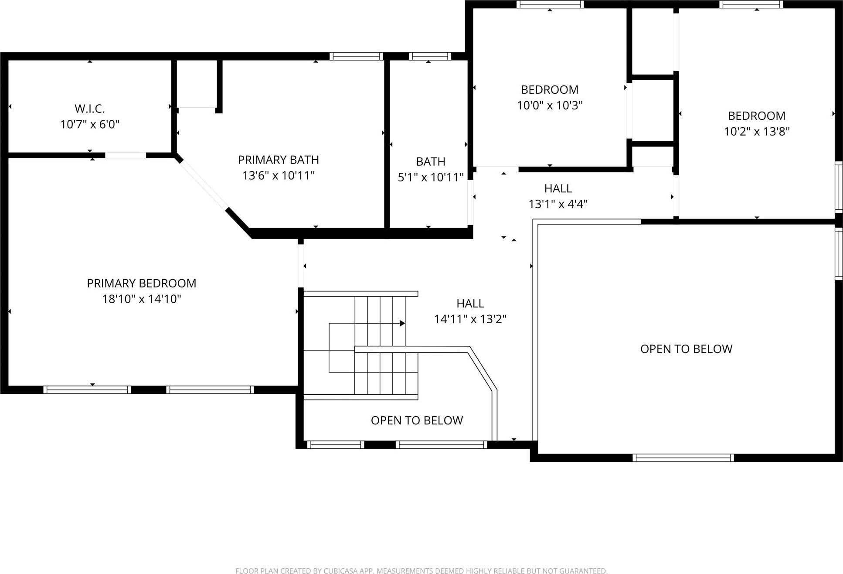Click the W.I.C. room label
point(89,109)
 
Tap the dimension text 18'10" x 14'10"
point(142,299)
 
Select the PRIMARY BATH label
point(278,160)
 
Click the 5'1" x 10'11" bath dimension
point(430,178)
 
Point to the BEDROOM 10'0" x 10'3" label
point(550,90)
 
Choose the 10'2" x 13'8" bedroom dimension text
point(756,132)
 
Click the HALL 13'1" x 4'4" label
point(558,188)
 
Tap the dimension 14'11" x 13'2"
point(470,319)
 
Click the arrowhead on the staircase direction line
point(402,324)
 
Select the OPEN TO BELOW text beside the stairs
point(417,420)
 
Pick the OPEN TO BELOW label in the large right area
point(686,349)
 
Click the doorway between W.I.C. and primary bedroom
point(125,155)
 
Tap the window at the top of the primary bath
point(356,56)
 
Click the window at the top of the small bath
point(430,56)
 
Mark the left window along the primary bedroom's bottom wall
point(87,389)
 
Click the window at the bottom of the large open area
point(683,458)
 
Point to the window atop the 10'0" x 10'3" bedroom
point(550,4)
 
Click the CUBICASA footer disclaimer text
point(421,570)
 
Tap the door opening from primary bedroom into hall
point(301,265)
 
